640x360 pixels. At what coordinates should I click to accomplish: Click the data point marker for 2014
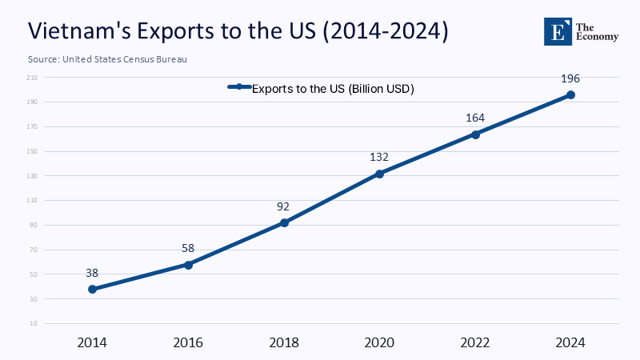[92, 289]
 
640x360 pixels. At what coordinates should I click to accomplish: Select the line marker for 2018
[284, 222]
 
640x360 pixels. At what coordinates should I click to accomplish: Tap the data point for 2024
[570, 94]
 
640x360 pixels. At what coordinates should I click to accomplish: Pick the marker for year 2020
[379, 174]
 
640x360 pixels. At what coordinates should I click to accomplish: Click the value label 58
[188, 249]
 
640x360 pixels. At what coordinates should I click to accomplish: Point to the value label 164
[475, 118]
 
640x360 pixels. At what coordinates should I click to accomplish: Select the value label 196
[570, 78]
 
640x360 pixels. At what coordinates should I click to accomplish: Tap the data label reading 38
[92, 273]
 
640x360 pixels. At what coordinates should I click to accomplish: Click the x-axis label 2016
[188, 342]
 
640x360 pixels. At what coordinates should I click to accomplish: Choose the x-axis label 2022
[475, 342]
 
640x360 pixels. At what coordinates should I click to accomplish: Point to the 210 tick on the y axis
[32, 78]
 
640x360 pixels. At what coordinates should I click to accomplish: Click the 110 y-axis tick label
[32, 201]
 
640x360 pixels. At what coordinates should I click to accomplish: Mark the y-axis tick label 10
[34, 324]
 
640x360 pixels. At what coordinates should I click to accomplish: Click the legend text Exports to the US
[333, 89]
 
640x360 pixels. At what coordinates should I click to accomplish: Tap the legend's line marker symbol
[238, 87]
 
